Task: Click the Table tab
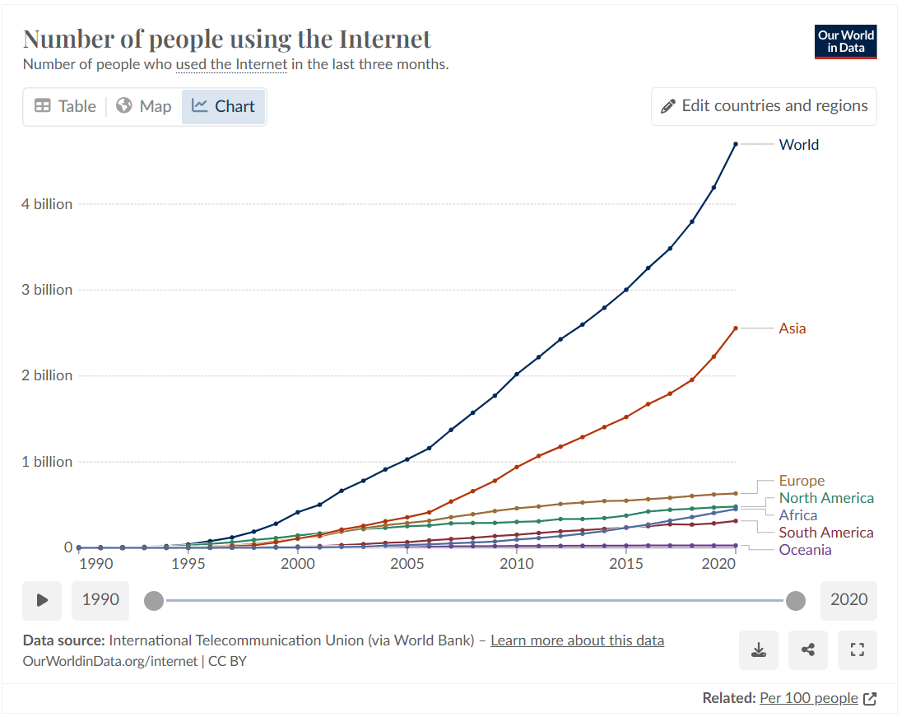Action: (x=65, y=106)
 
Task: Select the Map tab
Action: (x=144, y=106)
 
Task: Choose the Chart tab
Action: (x=224, y=106)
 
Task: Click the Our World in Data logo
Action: (x=845, y=42)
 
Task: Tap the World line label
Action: (x=798, y=145)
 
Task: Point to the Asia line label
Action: (x=792, y=328)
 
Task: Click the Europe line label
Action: (x=802, y=481)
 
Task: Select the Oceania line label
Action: (x=805, y=550)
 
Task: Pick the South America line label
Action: (x=826, y=533)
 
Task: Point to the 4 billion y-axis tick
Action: (x=47, y=204)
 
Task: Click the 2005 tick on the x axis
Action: (x=407, y=564)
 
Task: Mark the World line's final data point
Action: (x=736, y=144)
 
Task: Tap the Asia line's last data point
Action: (x=736, y=328)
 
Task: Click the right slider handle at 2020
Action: (x=795, y=601)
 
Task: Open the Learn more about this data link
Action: (x=577, y=640)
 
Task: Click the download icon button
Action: (x=758, y=650)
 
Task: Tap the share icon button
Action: (x=807, y=650)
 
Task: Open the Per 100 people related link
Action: (x=808, y=698)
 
